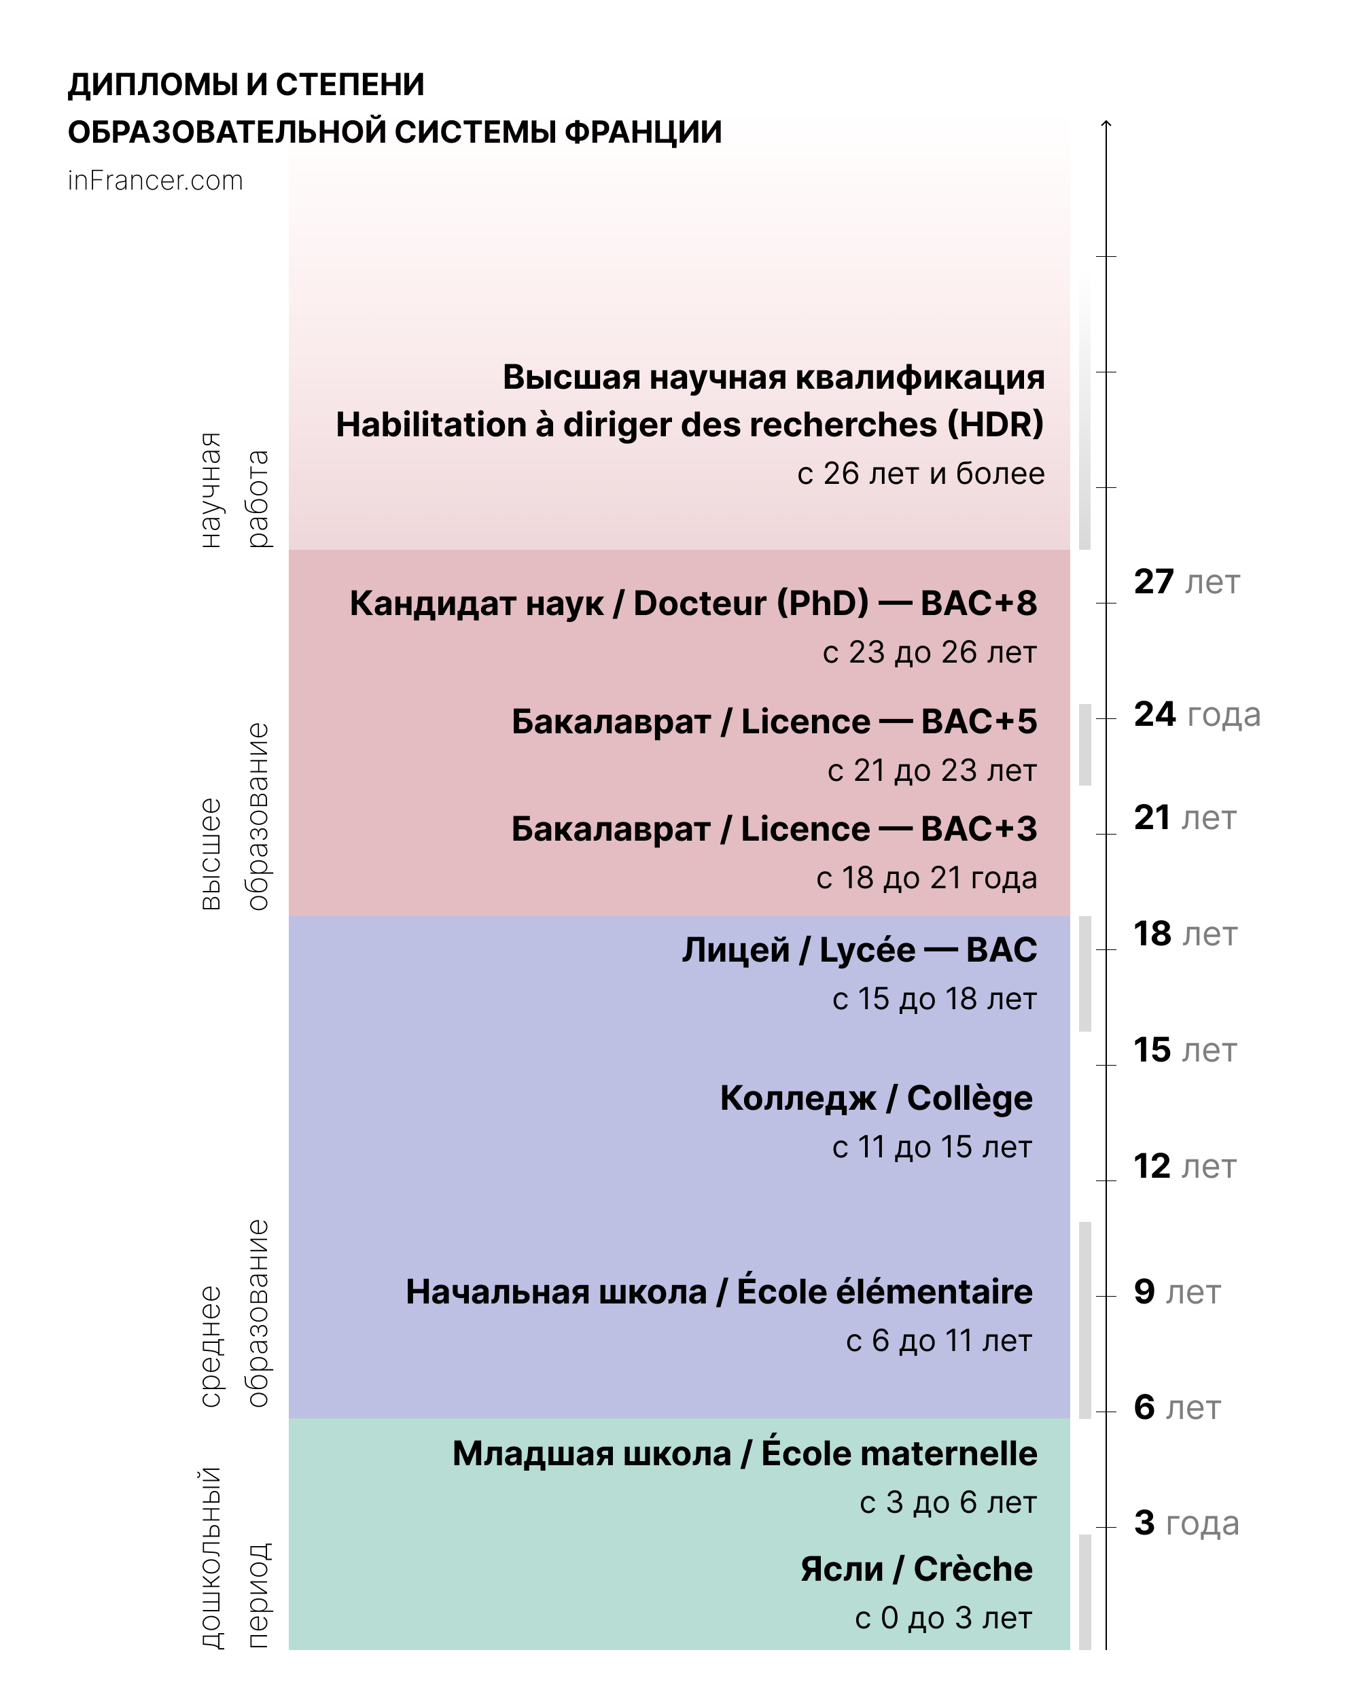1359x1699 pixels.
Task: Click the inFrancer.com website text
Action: click(155, 181)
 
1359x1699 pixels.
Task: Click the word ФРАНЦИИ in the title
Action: click(643, 132)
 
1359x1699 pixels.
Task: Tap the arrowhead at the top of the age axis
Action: click(1106, 124)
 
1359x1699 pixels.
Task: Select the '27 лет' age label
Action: click(1186, 582)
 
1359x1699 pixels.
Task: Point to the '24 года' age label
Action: click(1197, 714)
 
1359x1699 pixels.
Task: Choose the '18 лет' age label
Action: click(1186, 933)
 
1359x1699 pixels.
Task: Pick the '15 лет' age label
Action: click(1185, 1050)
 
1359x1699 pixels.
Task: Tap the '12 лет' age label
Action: click(1185, 1166)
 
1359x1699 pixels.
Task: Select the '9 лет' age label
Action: click(1177, 1292)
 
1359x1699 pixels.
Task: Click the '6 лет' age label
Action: click(1177, 1407)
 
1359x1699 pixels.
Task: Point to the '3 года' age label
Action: click(1186, 1522)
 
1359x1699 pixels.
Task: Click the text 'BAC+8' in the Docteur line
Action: click(978, 603)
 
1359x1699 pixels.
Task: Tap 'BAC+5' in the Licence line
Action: click(978, 721)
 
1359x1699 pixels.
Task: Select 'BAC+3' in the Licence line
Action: click(978, 829)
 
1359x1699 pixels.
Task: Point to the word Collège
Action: click(969, 1098)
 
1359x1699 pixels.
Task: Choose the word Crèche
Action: click(973, 1569)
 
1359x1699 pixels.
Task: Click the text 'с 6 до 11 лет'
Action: click(938, 1340)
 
